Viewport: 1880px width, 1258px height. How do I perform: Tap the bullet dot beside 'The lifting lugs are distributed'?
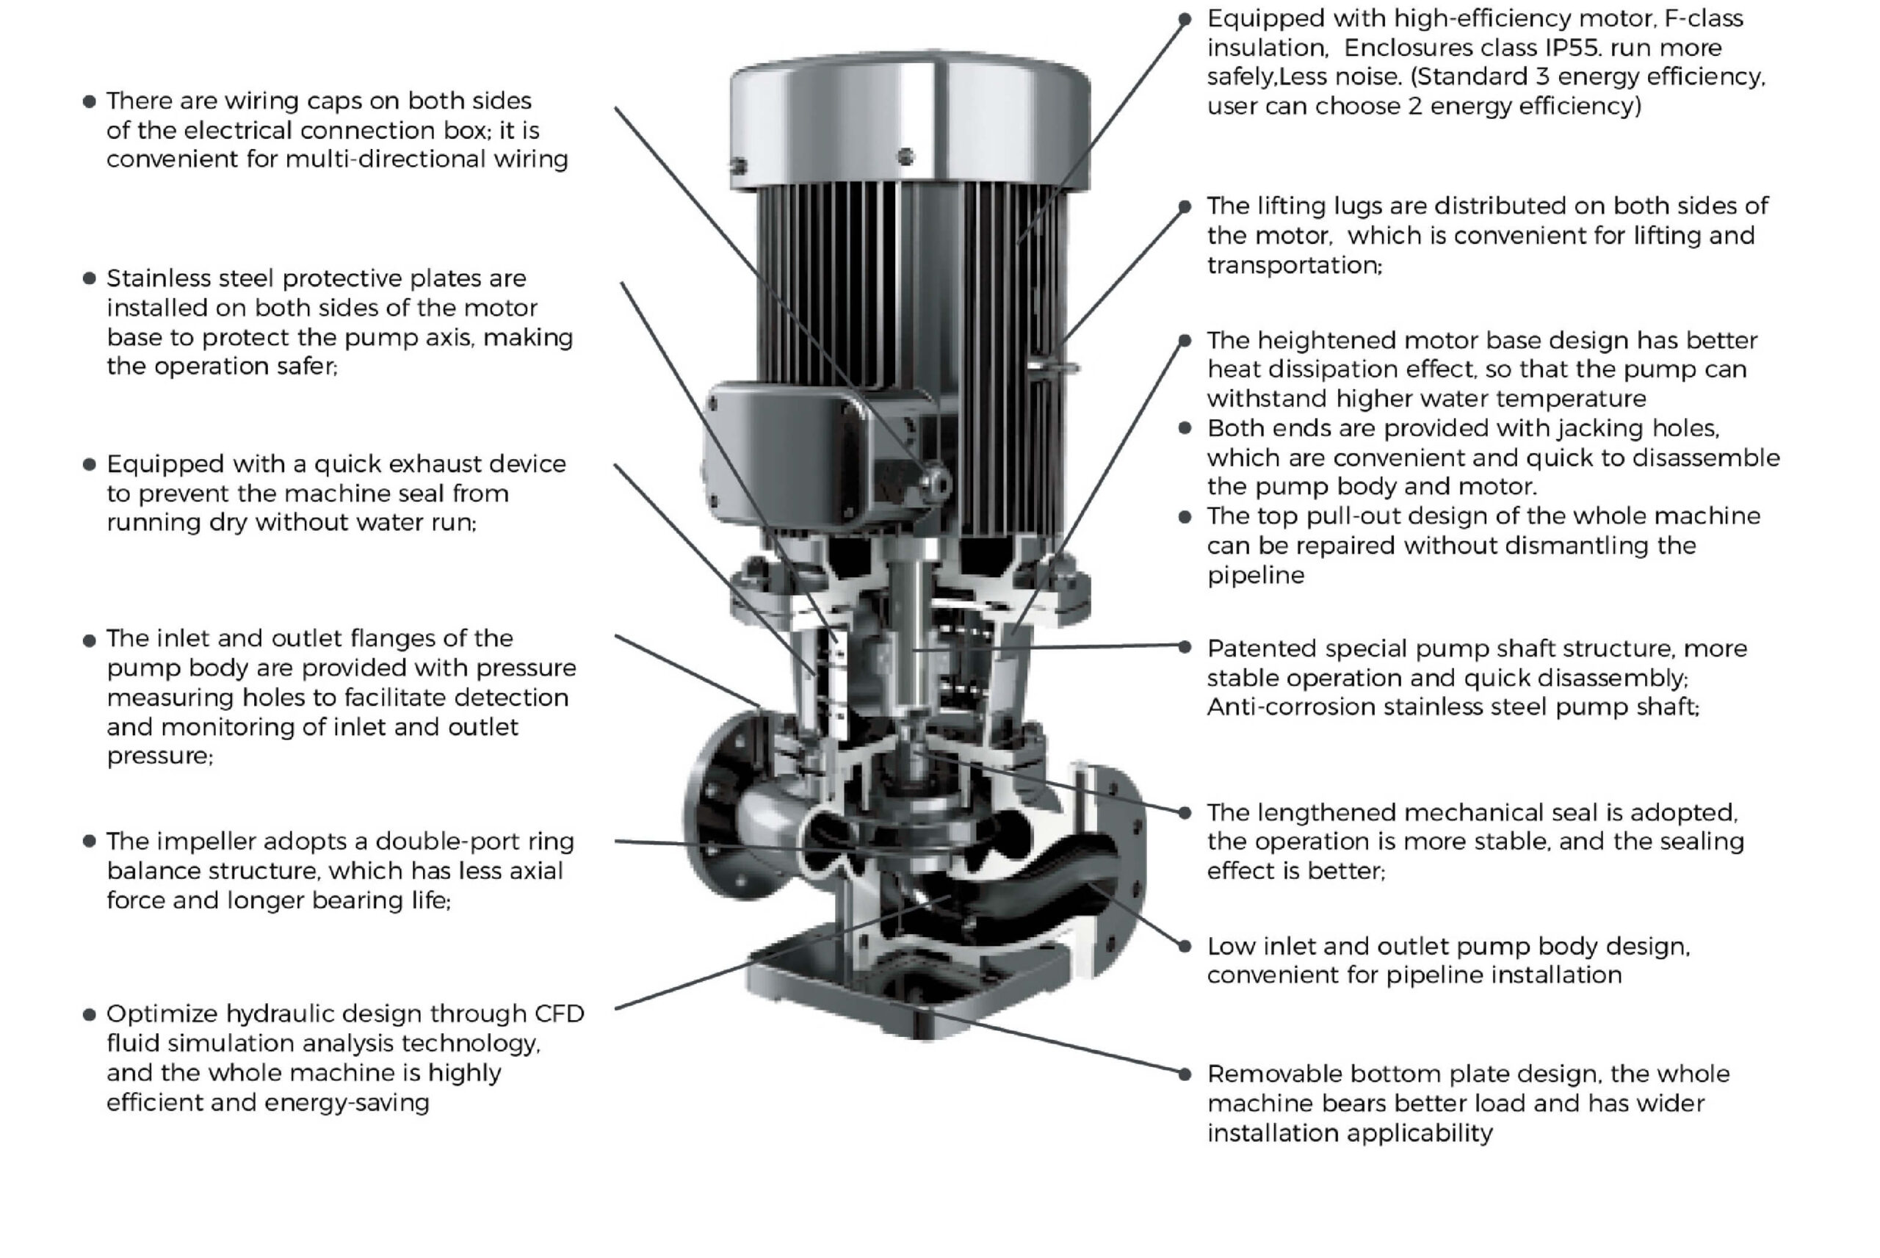tap(1185, 207)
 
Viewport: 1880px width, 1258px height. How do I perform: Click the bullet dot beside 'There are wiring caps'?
tap(89, 101)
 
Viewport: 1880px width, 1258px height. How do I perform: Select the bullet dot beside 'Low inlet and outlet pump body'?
tap(1185, 947)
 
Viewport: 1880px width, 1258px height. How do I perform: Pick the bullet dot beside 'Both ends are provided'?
tap(1185, 428)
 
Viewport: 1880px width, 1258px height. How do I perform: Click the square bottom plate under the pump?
tap(906, 995)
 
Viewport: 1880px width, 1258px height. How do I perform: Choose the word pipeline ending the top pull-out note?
tap(1255, 575)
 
